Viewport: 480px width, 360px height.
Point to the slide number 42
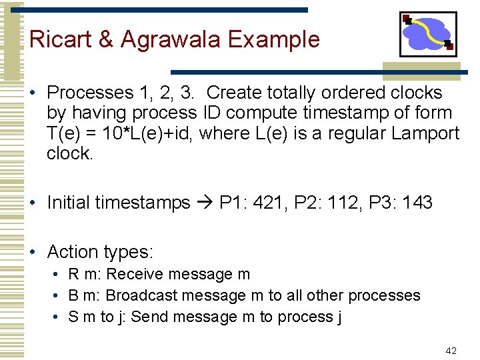tap(451, 351)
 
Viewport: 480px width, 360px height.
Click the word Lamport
tap(425, 133)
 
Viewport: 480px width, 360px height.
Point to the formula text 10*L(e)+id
tap(148, 133)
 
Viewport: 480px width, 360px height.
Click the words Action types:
tap(100, 252)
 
